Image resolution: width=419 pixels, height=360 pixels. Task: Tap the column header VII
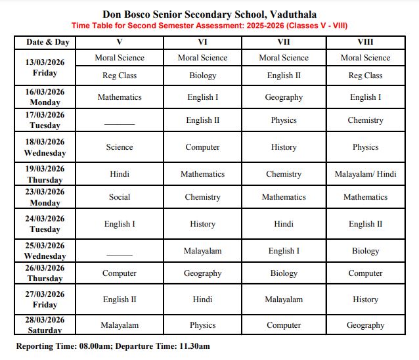284,42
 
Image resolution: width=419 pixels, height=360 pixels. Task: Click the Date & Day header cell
47,42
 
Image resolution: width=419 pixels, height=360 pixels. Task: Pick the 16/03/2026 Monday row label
46,97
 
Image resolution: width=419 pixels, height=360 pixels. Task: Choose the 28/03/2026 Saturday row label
46,325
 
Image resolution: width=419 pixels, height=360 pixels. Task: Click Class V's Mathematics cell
120,97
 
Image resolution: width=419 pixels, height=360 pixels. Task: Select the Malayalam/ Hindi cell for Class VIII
365,174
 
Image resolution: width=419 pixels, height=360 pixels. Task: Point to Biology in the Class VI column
202,76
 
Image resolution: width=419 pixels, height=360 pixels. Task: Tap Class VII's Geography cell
284,97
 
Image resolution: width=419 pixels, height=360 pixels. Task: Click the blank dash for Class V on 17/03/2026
120,123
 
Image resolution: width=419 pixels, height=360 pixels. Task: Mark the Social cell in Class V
120,197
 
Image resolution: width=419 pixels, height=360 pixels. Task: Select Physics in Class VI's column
202,325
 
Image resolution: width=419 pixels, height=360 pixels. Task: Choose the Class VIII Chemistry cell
365,120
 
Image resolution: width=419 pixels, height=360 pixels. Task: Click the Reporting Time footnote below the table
113,346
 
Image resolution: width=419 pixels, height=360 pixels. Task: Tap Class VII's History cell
284,147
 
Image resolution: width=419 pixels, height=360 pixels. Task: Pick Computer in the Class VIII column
365,273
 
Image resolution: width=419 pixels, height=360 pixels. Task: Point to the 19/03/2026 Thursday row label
46,174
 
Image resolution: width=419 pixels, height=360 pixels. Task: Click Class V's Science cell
120,147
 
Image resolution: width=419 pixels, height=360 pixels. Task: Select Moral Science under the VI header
202,58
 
